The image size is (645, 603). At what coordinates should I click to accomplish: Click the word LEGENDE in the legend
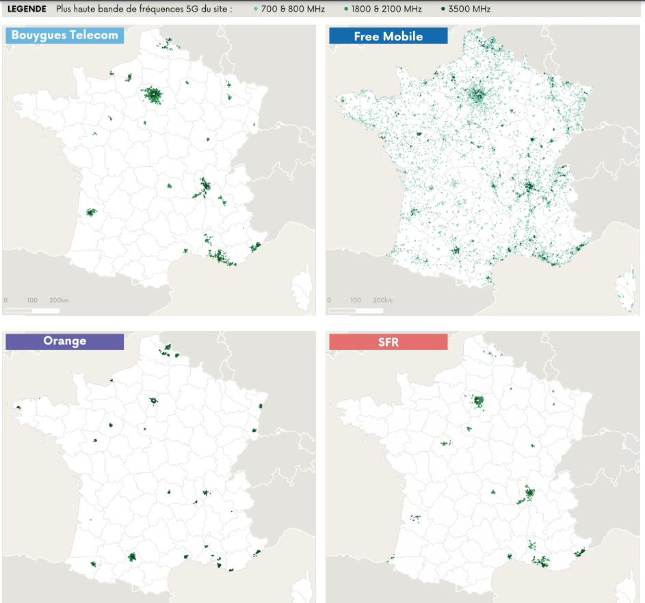[27, 9]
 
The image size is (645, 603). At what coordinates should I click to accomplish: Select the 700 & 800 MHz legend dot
[256, 9]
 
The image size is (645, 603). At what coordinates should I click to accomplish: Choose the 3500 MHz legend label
[469, 9]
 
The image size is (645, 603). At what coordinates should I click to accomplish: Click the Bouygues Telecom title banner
[65, 36]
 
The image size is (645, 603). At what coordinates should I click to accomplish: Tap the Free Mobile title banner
[388, 36]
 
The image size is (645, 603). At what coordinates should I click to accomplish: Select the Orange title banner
[65, 341]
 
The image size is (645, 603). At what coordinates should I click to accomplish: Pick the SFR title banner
[388, 341]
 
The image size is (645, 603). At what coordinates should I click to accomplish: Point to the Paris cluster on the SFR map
[478, 400]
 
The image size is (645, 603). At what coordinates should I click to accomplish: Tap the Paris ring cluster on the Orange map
[154, 401]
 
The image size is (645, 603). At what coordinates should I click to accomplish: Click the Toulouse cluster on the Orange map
[132, 557]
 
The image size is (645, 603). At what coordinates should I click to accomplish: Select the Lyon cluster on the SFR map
[529, 492]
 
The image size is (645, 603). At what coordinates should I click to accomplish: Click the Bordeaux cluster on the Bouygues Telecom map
[90, 212]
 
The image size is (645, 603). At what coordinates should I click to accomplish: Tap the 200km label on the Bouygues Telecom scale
[60, 300]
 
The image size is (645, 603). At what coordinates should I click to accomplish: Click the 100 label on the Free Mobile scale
[356, 300]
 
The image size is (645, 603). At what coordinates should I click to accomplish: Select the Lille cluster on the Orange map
[166, 350]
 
